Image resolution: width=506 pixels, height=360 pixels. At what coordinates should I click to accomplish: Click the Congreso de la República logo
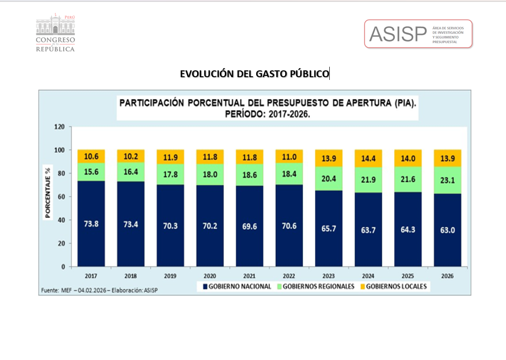55,33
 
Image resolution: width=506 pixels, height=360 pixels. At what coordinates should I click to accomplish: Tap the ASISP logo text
398,34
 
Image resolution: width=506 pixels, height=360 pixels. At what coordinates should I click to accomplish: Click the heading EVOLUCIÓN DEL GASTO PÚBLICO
254,74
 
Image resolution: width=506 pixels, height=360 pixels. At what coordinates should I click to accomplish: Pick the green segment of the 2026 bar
447,180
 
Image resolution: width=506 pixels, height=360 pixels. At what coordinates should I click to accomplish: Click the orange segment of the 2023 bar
328,158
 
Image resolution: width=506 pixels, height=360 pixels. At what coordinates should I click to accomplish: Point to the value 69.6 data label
249,226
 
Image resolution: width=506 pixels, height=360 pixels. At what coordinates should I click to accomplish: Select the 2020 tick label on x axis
209,276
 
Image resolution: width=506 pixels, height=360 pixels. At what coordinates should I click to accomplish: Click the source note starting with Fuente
99,290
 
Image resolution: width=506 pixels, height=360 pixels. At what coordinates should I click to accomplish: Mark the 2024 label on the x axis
368,276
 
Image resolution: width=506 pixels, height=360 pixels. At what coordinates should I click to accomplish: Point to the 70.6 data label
289,226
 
